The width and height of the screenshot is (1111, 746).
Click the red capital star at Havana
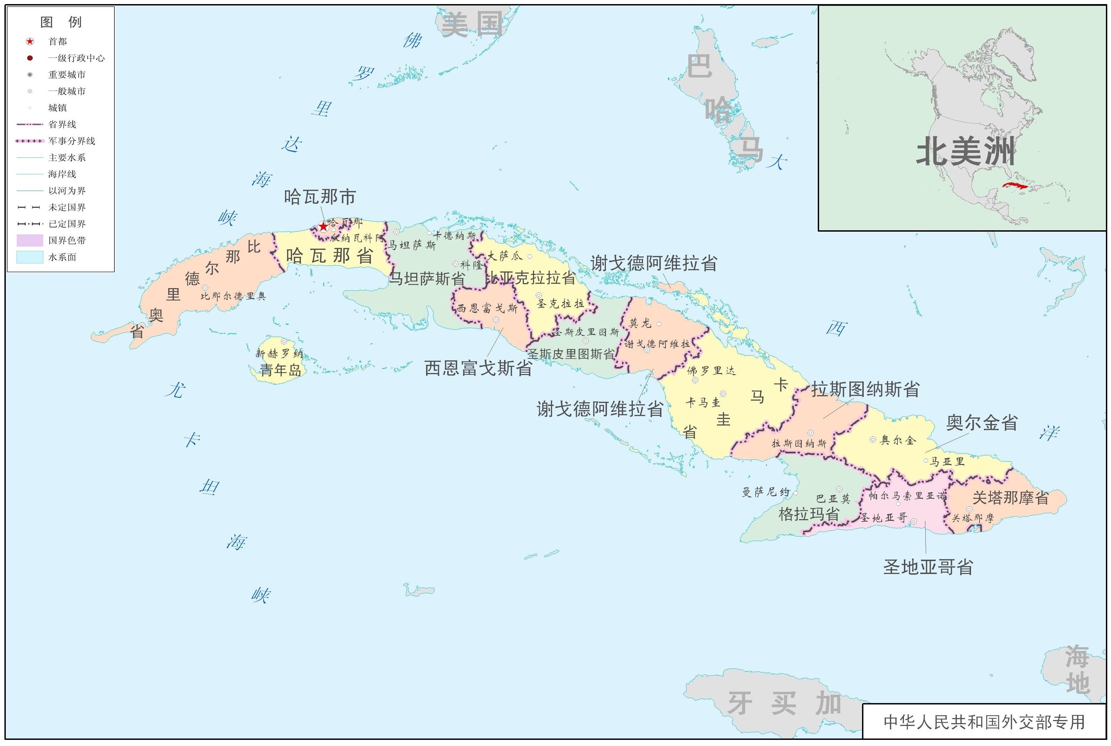pos(324,227)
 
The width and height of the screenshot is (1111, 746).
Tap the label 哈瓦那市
pos(319,197)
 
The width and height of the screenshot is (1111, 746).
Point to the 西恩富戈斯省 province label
pos(478,368)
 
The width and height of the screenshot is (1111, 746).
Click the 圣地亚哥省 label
pos(928,566)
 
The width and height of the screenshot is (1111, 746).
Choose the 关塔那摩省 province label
pos(1010,498)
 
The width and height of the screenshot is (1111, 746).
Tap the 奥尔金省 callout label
pos(982,422)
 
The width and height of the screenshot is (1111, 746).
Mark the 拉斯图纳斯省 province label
pos(865,389)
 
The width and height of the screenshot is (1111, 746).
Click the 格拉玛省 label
pos(809,514)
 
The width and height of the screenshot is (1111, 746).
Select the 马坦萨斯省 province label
pos(427,278)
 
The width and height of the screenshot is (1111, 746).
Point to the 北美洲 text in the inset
pos(966,151)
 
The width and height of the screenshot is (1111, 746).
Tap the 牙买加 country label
pos(784,703)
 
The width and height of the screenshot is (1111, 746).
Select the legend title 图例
pos(61,22)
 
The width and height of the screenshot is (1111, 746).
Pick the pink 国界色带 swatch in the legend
pos(30,240)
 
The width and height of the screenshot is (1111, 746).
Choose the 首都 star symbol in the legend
pos(30,42)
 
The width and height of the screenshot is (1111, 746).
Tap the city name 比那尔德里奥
pos(233,296)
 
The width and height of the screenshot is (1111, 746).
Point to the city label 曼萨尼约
pos(766,492)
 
